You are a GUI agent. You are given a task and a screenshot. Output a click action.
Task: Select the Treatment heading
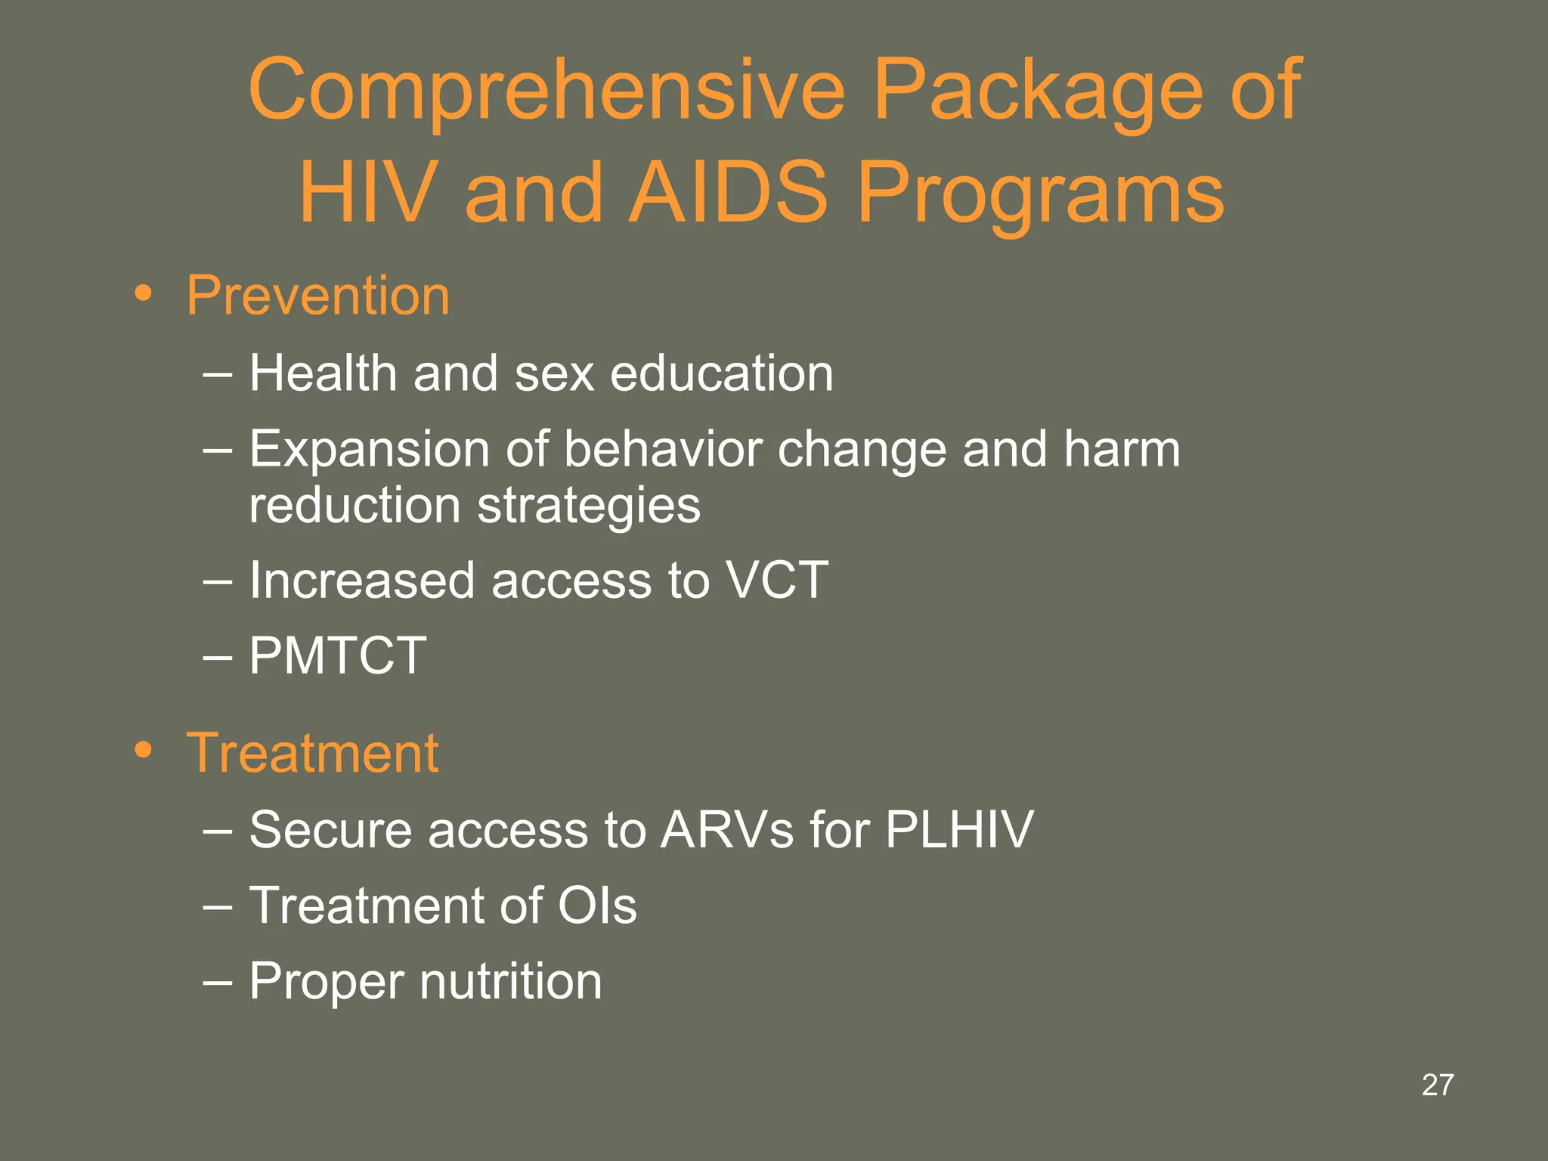point(312,753)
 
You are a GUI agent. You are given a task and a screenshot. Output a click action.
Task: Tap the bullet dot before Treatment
point(143,751)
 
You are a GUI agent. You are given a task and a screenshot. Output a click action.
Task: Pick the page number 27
point(1437,1085)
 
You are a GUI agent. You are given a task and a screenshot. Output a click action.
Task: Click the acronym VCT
point(776,580)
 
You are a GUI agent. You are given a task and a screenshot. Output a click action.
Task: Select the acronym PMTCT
point(338,655)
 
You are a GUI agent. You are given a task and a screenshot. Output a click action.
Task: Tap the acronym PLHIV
point(958,830)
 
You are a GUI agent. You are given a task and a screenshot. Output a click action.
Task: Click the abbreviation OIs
point(597,906)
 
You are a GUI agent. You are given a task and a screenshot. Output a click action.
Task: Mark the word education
point(721,373)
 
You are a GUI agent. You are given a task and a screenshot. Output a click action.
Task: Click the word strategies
point(589,506)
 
